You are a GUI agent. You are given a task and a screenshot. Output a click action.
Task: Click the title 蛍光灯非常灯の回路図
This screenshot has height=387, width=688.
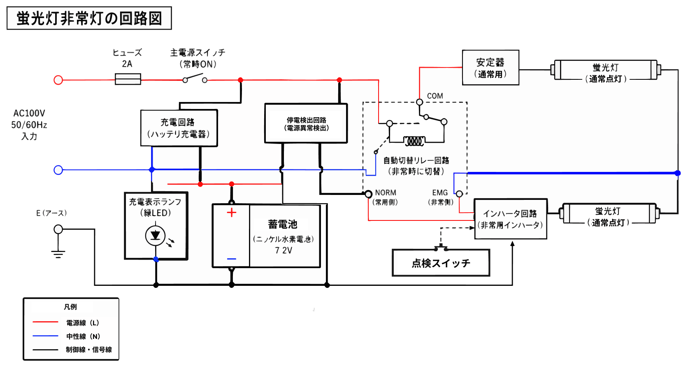point(89,18)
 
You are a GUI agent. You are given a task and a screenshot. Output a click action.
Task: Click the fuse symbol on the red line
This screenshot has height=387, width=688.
point(128,79)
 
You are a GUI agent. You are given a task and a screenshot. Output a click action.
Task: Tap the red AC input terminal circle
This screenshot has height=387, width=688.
point(58,80)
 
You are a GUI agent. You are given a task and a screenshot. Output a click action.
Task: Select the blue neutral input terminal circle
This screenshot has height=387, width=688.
point(58,170)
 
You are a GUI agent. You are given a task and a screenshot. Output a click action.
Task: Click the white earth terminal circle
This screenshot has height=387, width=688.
point(58,229)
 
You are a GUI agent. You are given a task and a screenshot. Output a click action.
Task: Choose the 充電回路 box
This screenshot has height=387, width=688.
point(179,128)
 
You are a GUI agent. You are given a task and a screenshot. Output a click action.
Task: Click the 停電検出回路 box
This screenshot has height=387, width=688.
point(306,123)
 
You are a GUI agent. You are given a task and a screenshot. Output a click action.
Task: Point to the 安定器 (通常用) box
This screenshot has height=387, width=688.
point(490,68)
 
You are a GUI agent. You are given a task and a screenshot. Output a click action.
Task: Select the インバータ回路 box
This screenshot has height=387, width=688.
point(510,219)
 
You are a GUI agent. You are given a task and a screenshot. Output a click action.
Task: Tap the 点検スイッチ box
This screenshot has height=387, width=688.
point(441,263)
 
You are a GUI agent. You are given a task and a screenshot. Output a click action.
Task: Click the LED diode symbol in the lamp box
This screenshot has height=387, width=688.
point(155,236)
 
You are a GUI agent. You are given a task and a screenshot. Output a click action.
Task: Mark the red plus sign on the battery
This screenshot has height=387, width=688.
point(232,212)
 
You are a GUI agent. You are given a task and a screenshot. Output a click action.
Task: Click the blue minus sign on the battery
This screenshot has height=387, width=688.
point(232,259)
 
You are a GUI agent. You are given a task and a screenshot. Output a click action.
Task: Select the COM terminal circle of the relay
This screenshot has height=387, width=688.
point(420,102)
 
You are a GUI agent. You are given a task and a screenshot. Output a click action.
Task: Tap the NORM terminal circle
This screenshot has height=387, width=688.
point(369,194)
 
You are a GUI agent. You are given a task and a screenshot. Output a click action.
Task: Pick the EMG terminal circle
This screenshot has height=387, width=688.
point(459,194)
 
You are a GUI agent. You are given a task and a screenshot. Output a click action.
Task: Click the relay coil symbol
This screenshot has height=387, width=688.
point(414,141)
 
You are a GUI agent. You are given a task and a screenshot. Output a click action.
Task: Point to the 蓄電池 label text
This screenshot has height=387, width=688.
point(283,224)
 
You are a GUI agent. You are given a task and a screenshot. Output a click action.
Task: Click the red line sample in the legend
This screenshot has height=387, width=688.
point(45,322)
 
